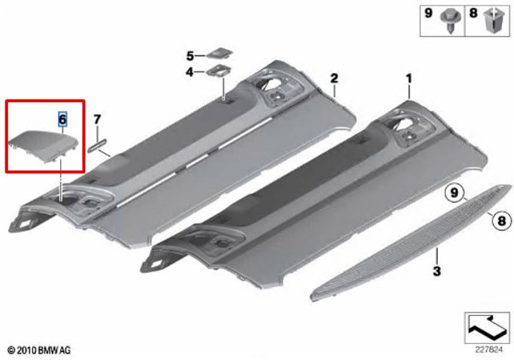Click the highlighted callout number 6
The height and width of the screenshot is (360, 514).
pos(63,119)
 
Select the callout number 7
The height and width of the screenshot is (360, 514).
pos(97,120)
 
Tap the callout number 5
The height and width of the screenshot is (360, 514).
pos(190,56)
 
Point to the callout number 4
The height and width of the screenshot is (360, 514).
pos(190,72)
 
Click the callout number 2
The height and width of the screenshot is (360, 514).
pos(334,79)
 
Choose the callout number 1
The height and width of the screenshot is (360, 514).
pos(409,79)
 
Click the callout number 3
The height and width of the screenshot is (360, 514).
pos(437,271)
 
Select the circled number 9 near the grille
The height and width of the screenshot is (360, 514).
pos(455,193)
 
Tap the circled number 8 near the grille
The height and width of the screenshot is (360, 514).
pos(502,221)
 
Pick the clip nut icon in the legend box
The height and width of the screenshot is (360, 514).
pos(494,20)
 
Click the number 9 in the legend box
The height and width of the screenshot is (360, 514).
pos(428,14)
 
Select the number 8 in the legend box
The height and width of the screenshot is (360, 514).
pos(473,14)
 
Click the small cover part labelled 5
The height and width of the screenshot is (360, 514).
pos(219,53)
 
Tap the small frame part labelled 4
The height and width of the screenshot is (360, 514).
pos(218,71)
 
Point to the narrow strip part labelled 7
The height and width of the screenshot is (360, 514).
pos(97,145)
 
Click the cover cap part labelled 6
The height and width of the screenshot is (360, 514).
pos(43,145)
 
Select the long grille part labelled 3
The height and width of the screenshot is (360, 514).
pos(410,243)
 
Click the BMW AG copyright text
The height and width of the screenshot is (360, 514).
pos(39,350)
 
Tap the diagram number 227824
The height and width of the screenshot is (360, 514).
pos(488,350)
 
